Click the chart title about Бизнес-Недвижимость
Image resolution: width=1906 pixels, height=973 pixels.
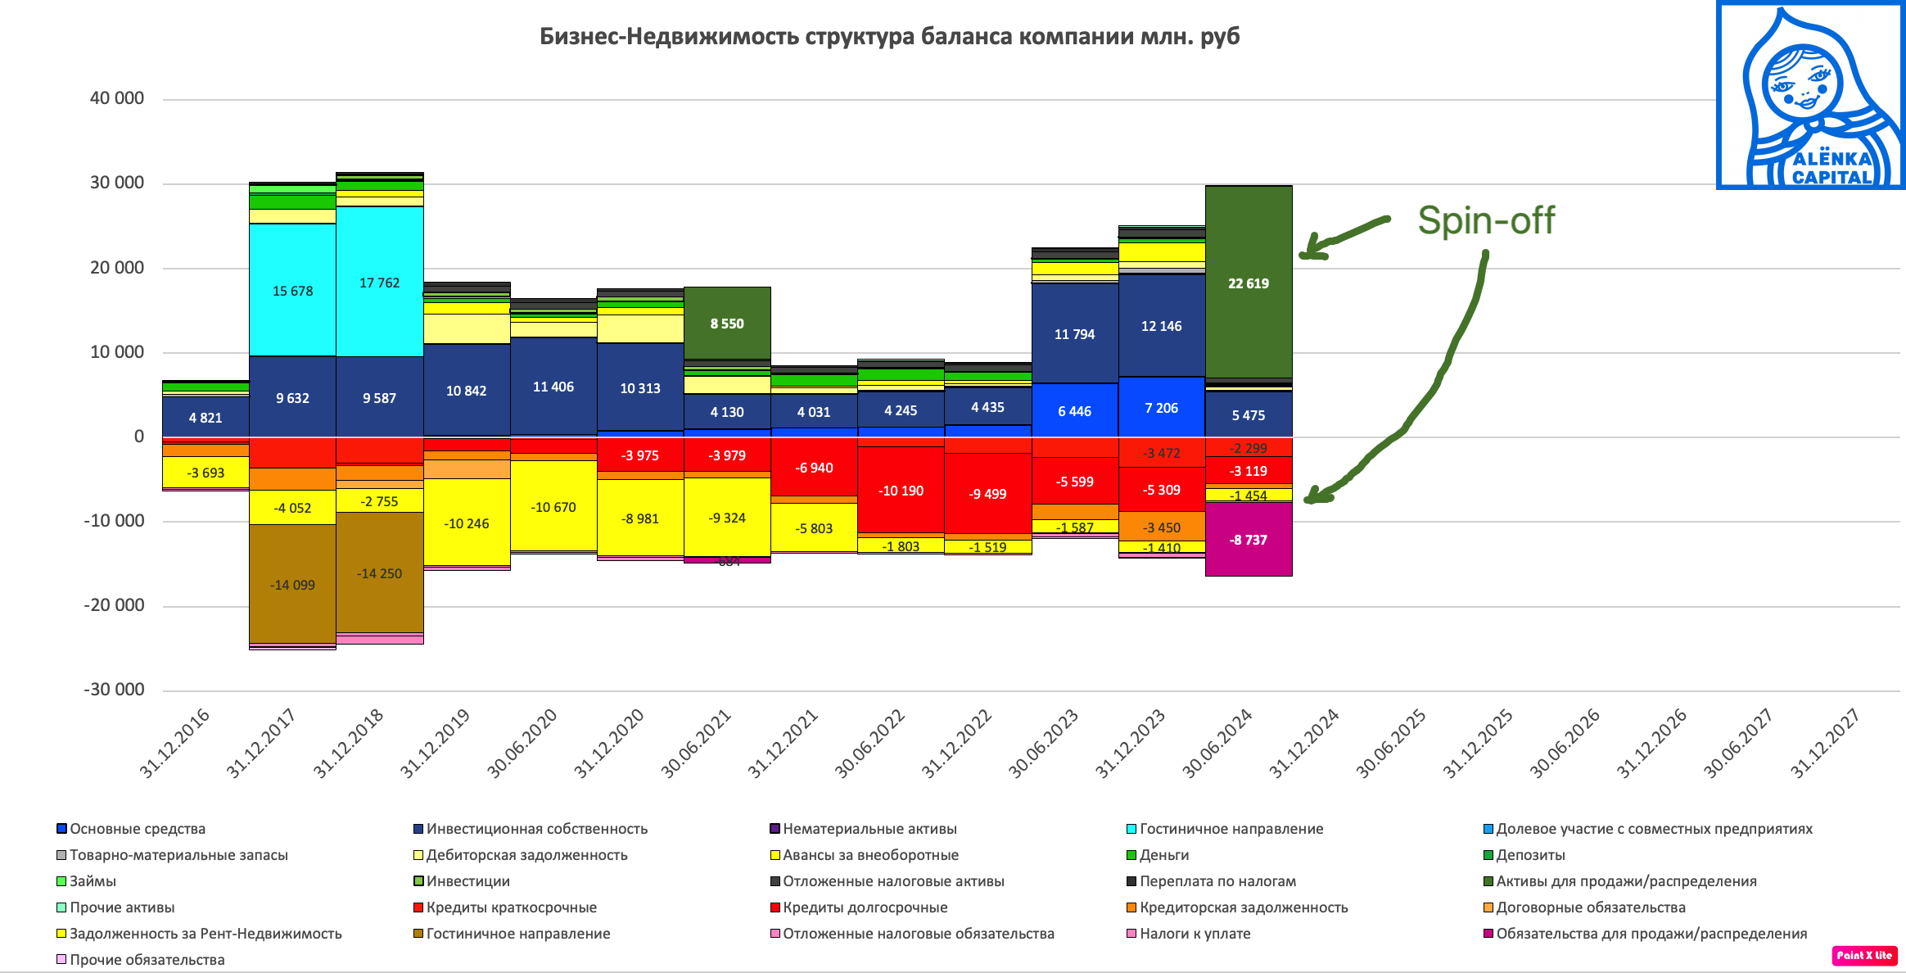pos(889,37)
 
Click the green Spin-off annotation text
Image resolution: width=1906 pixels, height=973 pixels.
pos(1485,220)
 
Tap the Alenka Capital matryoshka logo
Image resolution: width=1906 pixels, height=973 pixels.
pos(1810,96)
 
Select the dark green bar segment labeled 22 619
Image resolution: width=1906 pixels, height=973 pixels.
pos(1249,283)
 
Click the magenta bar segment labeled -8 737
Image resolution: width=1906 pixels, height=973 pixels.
pos(1249,539)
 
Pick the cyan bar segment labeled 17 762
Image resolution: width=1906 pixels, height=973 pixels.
pos(379,282)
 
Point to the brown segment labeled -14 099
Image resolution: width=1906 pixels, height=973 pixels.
pos(292,584)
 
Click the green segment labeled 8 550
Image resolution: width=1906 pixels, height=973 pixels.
pos(727,323)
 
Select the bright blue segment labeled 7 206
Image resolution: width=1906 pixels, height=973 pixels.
pos(1161,407)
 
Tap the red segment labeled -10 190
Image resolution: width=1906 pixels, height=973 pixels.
pos(901,490)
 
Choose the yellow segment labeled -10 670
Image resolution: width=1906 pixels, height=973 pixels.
pos(553,506)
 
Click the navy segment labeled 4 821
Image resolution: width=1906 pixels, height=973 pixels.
pos(206,417)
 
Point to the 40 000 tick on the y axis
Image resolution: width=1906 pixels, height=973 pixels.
pos(117,98)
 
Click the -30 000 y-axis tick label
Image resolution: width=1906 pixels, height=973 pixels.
pos(114,690)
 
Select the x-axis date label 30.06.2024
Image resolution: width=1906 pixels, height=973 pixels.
pos(1217,743)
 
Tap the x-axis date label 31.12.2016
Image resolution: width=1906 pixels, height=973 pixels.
pos(175,743)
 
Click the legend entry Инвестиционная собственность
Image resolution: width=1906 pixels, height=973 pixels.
pos(536,829)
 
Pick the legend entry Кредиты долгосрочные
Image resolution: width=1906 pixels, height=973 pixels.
pos(865,907)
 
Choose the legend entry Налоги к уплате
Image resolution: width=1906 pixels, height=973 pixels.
pos(1195,934)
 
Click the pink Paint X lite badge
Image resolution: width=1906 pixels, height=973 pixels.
pos(1864,955)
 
